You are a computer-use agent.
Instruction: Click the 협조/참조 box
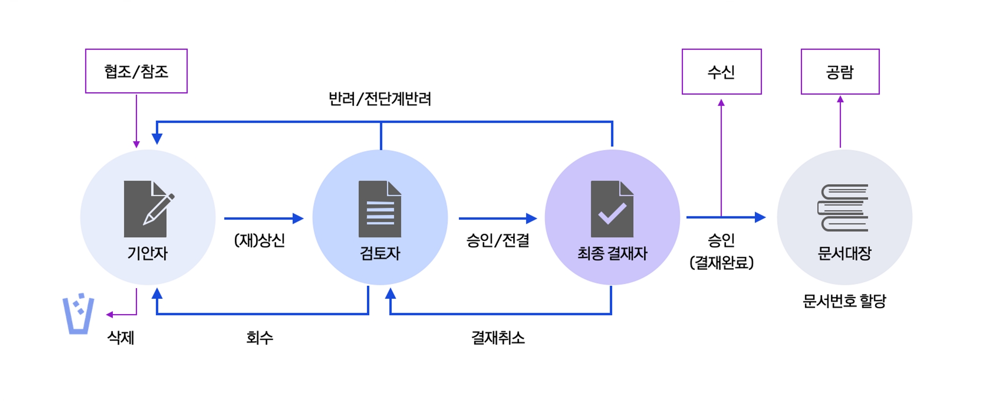click(x=136, y=71)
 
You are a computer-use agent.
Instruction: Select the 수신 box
click(x=722, y=72)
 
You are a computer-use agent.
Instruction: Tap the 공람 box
click(x=840, y=72)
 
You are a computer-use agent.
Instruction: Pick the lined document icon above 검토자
click(x=380, y=209)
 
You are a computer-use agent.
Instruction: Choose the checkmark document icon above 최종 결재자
click(x=612, y=209)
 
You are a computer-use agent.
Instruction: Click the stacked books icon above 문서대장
click(x=843, y=208)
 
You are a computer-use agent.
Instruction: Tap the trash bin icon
click(x=78, y=314)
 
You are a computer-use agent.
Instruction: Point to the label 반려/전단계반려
click(x=380, y=99)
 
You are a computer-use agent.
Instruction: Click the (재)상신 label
click(x=259, y=241)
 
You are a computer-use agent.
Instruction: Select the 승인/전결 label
click(x=497, y=241)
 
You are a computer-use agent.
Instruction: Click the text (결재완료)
click(x=721, y=263)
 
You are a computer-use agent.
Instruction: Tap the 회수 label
click(x=259, y=338)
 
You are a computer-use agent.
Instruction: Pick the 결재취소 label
click(x=498, y=338)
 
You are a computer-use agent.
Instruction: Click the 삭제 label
click(x=121, y=338)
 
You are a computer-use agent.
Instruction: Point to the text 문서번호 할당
click(x=844, y=300)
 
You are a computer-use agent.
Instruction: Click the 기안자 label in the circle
click(x=148, y=253)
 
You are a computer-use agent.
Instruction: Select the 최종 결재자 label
click(x=612, y=253)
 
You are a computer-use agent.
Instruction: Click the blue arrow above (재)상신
click(x=264, y=218)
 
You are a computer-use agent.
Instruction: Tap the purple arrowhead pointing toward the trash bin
click(x=109, y=315)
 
